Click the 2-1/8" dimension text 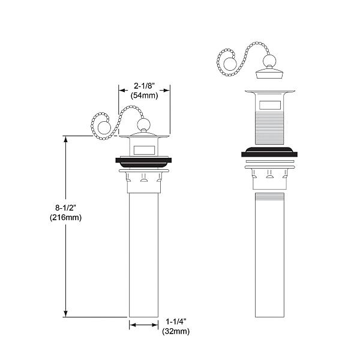point(144,85)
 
